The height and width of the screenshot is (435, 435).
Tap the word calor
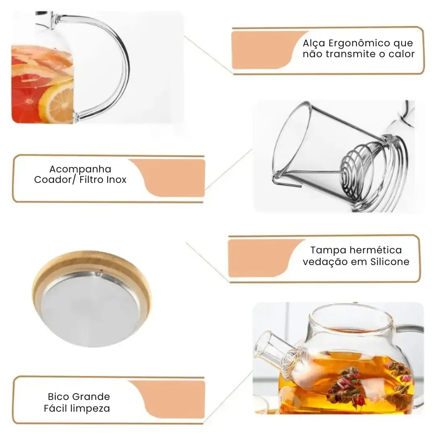402,54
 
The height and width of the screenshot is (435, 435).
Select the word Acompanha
80,169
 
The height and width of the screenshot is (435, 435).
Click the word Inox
116,180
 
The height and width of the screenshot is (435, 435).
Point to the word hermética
375,250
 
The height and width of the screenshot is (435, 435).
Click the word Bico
58,396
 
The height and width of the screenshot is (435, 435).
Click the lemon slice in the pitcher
56,103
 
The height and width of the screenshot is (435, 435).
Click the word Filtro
91,180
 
